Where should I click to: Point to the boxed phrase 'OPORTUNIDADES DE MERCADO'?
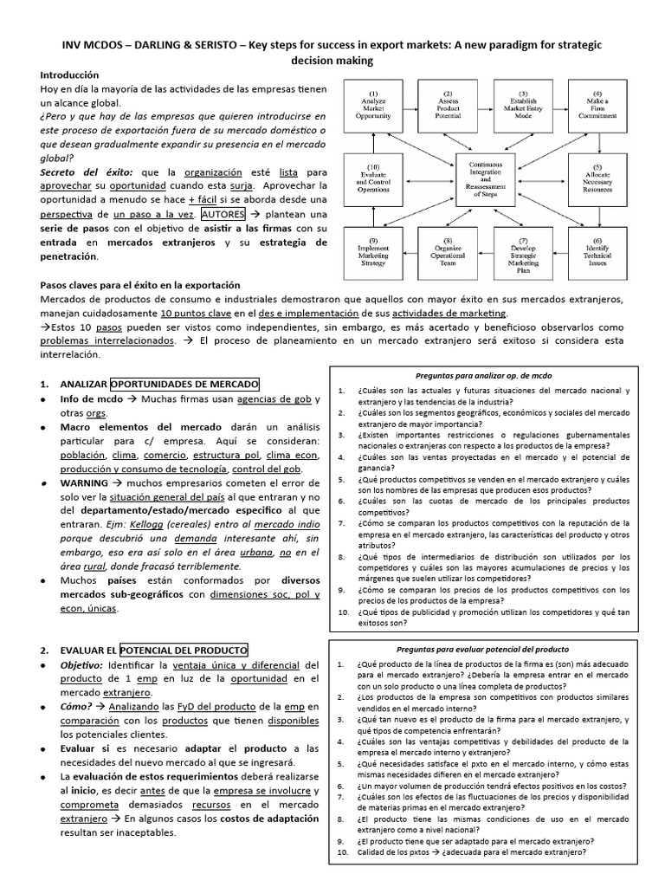point(184,384)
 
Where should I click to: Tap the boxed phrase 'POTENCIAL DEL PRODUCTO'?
point(184,650)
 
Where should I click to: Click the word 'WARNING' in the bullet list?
point(84,482)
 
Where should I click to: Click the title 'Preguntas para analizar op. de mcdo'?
point(483,375)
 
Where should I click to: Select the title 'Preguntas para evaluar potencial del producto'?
point(483,649)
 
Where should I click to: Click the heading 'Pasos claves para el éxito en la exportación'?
point(140,285)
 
